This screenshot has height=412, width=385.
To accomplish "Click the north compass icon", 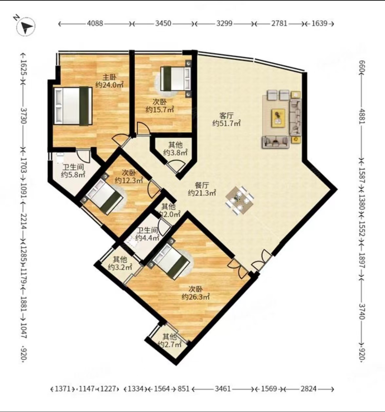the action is (x=26, y=26).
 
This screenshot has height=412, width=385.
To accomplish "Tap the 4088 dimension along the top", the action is (x=95, y=24).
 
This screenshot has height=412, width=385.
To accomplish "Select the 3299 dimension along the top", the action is (x=224, y=24).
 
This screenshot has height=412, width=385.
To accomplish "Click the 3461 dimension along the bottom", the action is (x=223, y=388).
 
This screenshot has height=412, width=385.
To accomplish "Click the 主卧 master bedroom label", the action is (x=110, y=77).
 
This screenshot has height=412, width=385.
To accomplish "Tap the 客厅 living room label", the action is (x=226, y=115).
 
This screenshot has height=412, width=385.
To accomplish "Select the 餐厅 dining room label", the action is (x=202, y=185).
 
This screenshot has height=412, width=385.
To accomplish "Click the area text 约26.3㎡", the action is (x=196, y=297).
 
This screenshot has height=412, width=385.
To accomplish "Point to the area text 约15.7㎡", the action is (x=160, y=109).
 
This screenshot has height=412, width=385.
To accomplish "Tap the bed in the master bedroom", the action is (x=73, y=106).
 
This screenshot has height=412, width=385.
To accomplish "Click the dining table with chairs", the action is (x=240, y=200).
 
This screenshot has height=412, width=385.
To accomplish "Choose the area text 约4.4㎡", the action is (x=147, y=238).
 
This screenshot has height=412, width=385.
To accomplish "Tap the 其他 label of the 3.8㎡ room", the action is (x=175, y=145).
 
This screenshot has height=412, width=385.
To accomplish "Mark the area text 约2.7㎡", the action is (x=170, y=344).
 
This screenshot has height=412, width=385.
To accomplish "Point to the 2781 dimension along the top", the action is (x=279, y=24).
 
